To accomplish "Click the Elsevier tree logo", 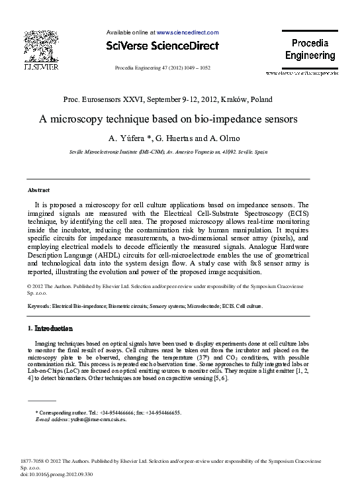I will pyautogui.click(x=41, y=48).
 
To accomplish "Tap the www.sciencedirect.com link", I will pyautogui.click(x=188, y=31).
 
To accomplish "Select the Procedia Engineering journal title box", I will pyautogui.click(x=310, y=49).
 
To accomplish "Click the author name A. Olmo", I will pyautogui.click(x=228, y=138).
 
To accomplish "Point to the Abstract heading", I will pyautogui.click(x=38, y=190).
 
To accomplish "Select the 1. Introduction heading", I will pyautogui.click(x=50, y=328).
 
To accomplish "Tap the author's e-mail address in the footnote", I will pyautogui.click(x=97, y=419).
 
